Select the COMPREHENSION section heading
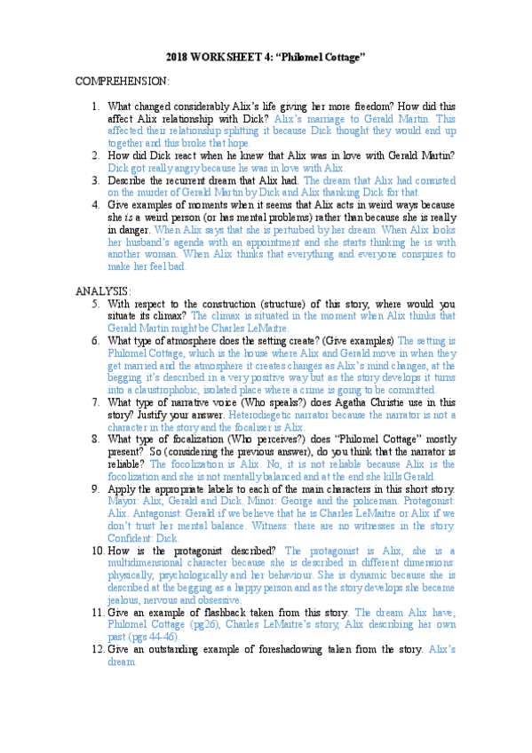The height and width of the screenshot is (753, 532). [123, 82]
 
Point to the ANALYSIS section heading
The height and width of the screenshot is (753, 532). [103, 290]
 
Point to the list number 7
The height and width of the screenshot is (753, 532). [96, 402]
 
